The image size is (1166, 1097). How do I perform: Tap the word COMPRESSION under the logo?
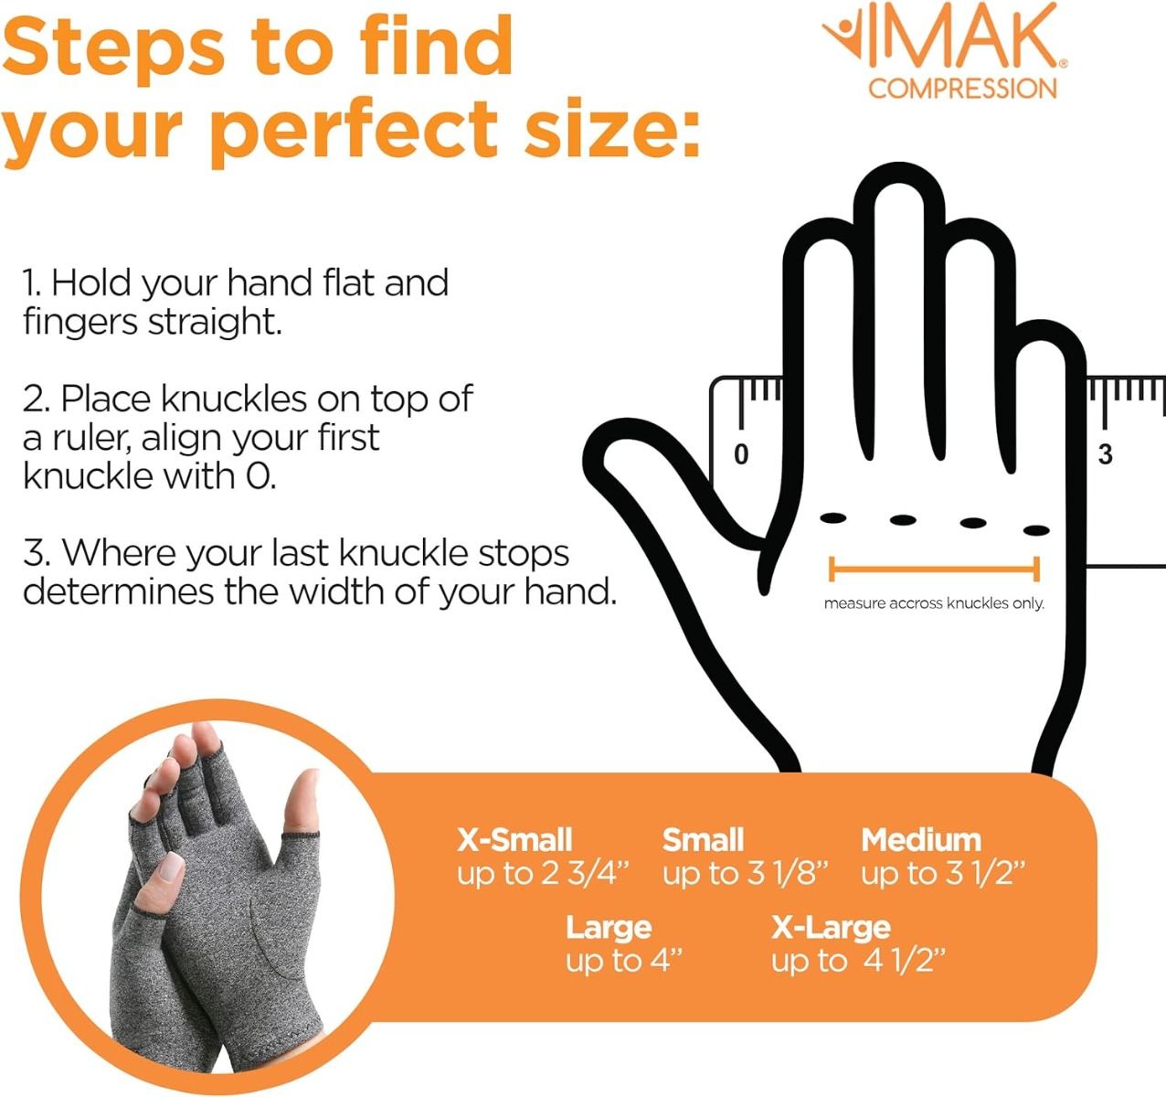click(x=962, y=89)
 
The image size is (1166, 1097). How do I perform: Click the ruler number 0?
click(x=741, y=454)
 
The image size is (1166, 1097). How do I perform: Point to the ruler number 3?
click(x=1105, y=454)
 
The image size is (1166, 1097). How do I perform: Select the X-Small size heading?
click(x=514, y=839)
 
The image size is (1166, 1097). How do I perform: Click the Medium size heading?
click(x=920, y=839)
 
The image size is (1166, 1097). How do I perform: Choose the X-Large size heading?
click(x=830, y=927)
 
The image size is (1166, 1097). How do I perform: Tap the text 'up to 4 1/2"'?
click(x=857, y=961)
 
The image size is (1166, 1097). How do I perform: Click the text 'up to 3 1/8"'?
click(x=745, y=873)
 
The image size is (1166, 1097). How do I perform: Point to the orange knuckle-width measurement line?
click(x=934, y=569)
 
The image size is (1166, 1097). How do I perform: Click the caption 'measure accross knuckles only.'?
click(x=933, y=603)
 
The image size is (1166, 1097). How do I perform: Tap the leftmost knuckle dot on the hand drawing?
click(x=832, y=518)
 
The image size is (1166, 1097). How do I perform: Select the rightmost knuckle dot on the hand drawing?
click(x=1035, y=530)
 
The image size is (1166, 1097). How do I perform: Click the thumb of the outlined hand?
click(x=640, y=466)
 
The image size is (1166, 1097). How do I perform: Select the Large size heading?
click(x=608, y=927)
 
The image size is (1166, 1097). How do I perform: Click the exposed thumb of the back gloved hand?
click(x=300, y=804)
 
